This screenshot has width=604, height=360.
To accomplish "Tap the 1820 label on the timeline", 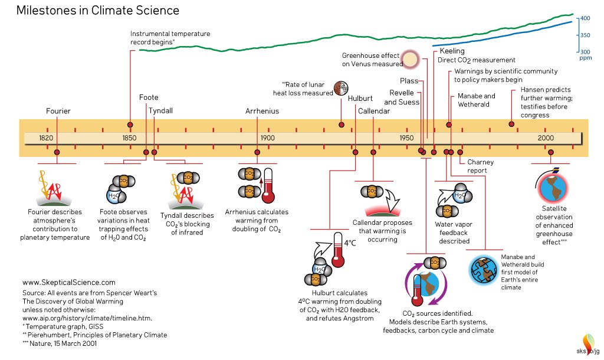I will pyautogui.click(x=46, y=138).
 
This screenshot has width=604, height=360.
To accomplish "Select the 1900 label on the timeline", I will pyautogui.click(x=267, y=138).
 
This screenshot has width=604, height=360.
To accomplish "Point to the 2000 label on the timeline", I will pyautogui.click(x=545, y=138).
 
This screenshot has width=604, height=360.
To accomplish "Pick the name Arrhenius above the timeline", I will pyautogui.click(x=262, y=111).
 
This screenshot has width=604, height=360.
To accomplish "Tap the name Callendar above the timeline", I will pyautogui.click(x=374, y=111).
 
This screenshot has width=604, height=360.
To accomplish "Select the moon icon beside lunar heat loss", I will pyautogui.click(x=340, y=88).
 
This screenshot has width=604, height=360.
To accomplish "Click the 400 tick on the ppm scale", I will pyautogui.click(x=585, y=19).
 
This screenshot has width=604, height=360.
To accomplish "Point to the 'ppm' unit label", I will pyautogui.click(x=585, y=58).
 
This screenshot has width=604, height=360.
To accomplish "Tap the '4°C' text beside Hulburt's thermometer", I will pyautogui.click(x=350, y=243).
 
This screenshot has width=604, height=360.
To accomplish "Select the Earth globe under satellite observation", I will pyautogui.click(x=553, y=186).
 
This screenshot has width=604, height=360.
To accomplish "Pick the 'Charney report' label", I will pyautogui.click(x=480, y=166).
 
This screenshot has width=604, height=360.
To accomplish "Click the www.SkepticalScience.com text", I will pyautogui.click(x=68, y=283).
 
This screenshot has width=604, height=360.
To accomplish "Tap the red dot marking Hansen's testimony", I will pyautogui.click(x=511, y=124).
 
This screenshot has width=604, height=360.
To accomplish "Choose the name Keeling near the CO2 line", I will pyautogui.click(x=452, y=51).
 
